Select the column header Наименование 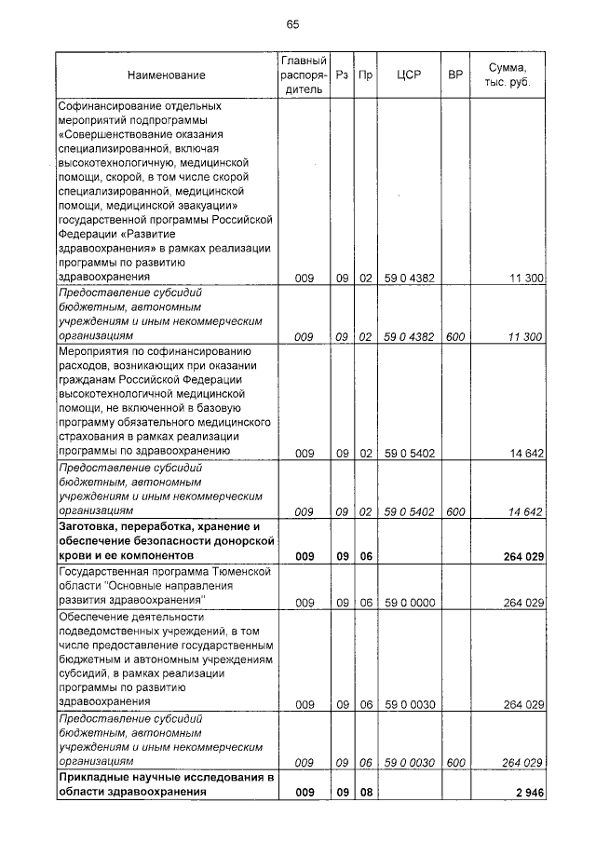(167, 75)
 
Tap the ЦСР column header (409, 75)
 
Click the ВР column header (455, 75)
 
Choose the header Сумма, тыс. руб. (507, 75)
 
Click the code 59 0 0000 (409, 604)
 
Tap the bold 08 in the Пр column (366, 793)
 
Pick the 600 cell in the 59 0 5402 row (455, 511)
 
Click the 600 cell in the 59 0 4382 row (455, 336)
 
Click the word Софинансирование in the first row (105, 106)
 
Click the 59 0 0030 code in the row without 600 (409, 705)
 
